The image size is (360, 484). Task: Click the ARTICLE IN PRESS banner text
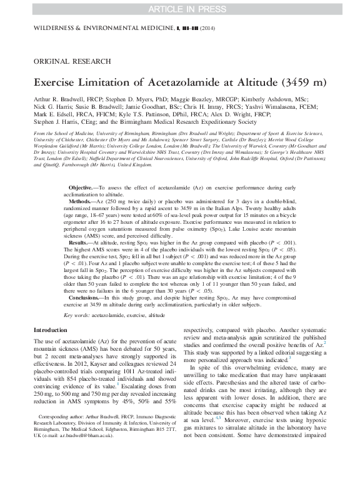pyautogui.click(x=179, y=9)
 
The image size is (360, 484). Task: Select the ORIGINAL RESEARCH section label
pyautogui.click(x=71, y=61)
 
